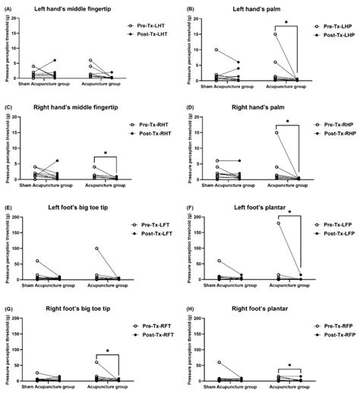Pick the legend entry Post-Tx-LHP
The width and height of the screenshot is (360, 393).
(332, 36)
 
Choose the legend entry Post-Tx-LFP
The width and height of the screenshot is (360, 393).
(332, 234)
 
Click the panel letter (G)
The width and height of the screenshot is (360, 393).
(8, 301)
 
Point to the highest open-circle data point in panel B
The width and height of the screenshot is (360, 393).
(276, 34)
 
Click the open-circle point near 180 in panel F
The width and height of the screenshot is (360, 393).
(279, 223)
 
